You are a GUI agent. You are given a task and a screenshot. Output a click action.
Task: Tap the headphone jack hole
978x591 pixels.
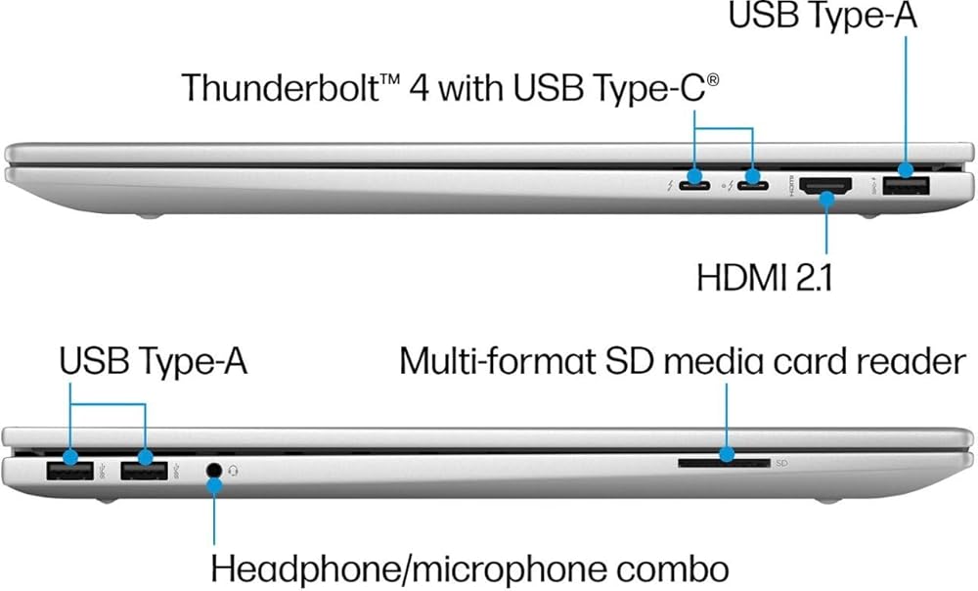214,470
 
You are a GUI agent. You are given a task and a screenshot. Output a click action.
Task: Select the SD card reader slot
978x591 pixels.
724,463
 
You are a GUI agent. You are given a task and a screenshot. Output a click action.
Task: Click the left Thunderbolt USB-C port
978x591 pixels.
694,185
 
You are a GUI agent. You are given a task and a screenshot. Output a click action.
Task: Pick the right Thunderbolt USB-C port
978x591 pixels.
753,185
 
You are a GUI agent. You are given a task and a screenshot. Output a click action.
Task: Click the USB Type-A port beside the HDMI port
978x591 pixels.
906,186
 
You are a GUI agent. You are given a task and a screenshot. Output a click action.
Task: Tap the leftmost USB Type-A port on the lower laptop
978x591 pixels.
69,470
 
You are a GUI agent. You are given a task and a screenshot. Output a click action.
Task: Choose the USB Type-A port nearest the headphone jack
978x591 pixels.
144,470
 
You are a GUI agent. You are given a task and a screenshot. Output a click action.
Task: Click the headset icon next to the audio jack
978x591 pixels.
234,471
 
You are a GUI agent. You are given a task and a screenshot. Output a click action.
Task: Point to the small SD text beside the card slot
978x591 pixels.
781,463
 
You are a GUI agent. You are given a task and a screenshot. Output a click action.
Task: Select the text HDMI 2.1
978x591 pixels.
764,277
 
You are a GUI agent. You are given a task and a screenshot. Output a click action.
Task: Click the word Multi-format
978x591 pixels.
497,361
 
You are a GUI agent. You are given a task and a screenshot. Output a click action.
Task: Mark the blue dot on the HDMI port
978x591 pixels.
826,199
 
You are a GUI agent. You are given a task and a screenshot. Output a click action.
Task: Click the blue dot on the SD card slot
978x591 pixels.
726,454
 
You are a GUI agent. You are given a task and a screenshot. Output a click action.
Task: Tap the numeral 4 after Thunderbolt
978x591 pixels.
419,88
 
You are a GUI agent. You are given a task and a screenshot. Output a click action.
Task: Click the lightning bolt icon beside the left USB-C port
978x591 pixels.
670,185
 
